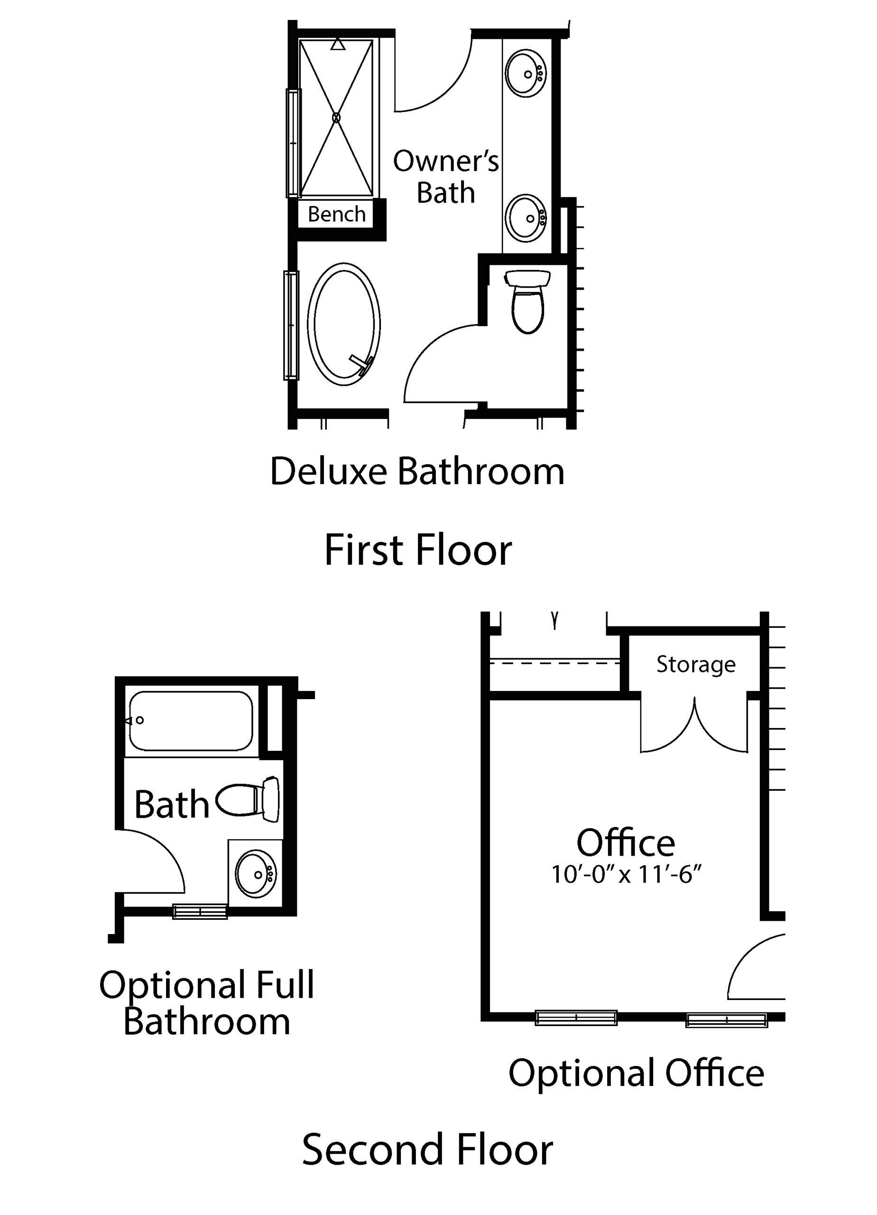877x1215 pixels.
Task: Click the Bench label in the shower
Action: (x=336, y=214)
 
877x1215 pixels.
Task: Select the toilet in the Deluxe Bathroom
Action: (x=527, y=301)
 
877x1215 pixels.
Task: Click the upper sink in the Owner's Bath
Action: (x=526, y=74)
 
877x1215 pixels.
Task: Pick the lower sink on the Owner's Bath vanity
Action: (x=526, y=218)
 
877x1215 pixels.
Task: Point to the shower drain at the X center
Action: (x=336, y=117)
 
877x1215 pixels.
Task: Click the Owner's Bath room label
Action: (x=446, y=177)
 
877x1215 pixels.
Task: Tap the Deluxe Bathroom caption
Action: (x=417, y=471)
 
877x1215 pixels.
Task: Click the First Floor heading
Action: (x=418, y=550)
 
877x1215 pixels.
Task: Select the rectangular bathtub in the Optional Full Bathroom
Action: (x=191, y=721)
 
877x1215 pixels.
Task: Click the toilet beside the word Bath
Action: (x=248, y=799)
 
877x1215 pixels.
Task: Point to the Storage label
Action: (x=696, y=665)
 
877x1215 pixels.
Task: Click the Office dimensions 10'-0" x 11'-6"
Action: (x=626, y=874)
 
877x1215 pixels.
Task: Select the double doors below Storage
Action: (x=694, y=724)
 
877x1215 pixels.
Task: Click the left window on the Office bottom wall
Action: (x=576, y=1017)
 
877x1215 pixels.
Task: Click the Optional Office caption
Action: (x=636, y=1073)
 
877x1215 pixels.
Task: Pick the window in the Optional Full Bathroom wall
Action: (x=200, y=911)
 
